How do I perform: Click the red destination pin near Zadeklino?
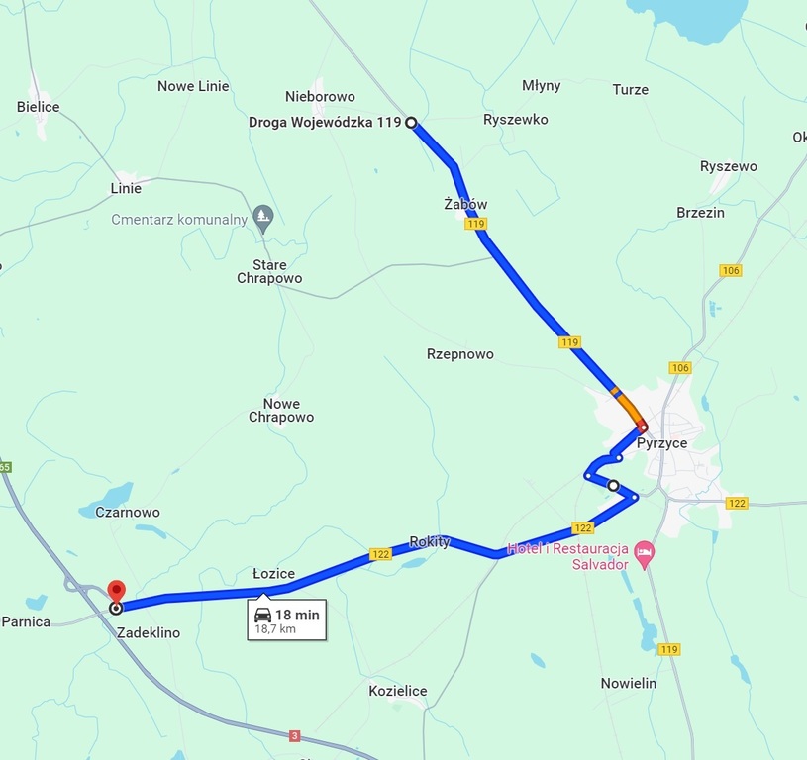[x=115, y=590]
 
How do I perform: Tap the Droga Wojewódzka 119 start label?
[x=325, y=123]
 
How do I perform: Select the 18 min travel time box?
[x=287, y=620]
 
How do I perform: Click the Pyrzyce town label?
[x=661, y=443]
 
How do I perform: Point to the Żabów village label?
[x=465, y=204]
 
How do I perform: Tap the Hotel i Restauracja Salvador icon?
[x=645, y=549]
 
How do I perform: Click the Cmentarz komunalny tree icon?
[x=262, y=215]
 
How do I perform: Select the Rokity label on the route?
[x=430, y=541]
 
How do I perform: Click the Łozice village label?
[x=273, y=574]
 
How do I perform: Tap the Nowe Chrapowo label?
[x=281, y=411]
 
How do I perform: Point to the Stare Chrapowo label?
[x=269, y=271]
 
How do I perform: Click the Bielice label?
[x=39, y=107]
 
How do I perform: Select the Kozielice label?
[x=397, y=691]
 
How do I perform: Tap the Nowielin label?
[x=629, y=683]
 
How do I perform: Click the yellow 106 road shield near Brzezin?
[x=731, y=271]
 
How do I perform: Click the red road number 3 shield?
[x=294, y=735]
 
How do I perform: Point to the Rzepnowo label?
[x=459, y=354]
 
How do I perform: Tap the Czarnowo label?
[x=128, y=513]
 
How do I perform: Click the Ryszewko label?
[x=515, y=120]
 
